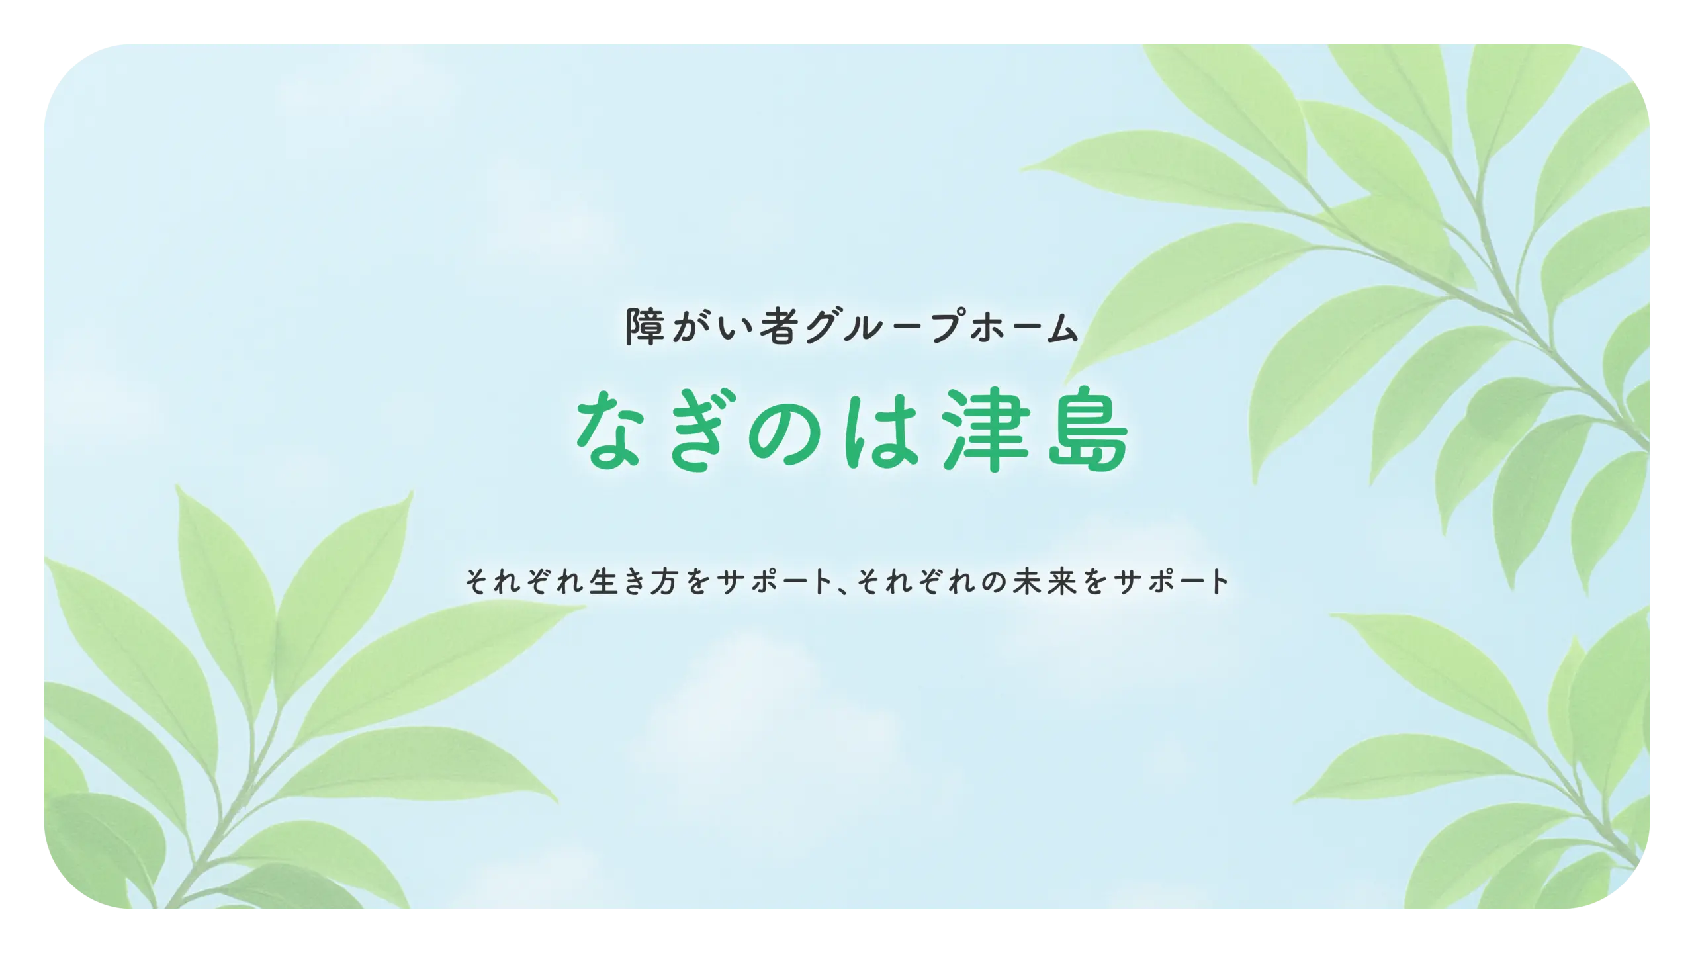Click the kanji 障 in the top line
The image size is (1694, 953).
(645, 326)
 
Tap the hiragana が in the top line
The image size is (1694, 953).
(690, 326)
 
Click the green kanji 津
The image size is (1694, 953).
(987, 430)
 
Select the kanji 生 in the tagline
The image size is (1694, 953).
(603, 581)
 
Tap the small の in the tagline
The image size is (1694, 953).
(993, 582)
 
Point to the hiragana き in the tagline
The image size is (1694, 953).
(634, 581)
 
